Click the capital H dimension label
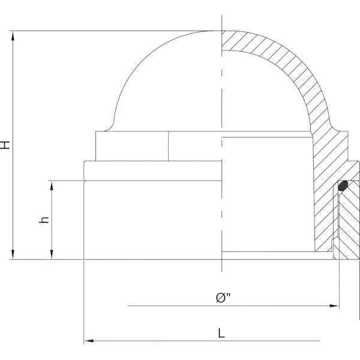click(5, 145)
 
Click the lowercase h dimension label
click(43, 220)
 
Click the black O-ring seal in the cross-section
click(343, 187)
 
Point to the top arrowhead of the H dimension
click(13, 35)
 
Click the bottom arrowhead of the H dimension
click(13, 256)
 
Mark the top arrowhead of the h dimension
click(53, 184)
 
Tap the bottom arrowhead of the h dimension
click(53, 256)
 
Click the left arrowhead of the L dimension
click(88, 341)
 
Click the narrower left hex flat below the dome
click(132, 146)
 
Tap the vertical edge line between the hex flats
click(169, 146)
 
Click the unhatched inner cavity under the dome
click(264, 192)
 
